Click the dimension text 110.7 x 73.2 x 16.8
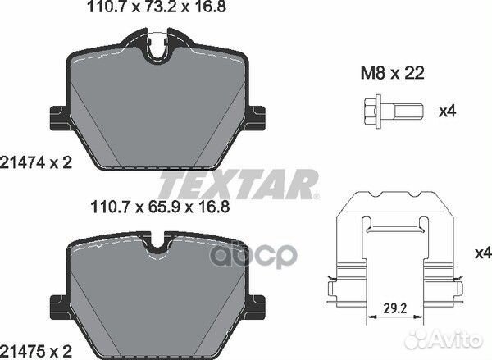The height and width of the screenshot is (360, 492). (x=157, y=7)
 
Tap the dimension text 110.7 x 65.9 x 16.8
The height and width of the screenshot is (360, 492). (x=160, y=207)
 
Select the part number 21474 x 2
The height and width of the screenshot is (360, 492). (x=36, y=163)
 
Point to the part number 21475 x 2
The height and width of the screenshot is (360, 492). (x=36, y=351)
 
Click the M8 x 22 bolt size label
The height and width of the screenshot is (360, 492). (x=393, y=73)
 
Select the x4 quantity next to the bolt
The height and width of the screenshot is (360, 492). (x=448, y=112)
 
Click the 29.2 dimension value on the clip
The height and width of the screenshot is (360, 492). (x=395, y=308)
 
